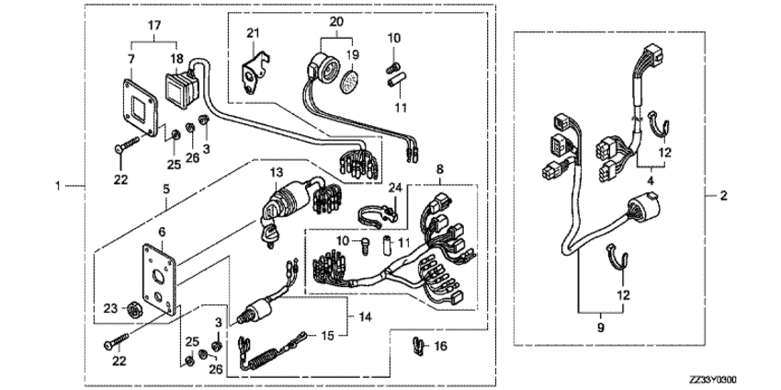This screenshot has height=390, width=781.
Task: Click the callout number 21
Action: pos(253,33)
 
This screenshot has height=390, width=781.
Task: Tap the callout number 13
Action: pos(277,172)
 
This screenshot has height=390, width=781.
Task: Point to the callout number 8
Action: pos(439,168)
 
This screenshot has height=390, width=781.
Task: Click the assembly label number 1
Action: pos(58,186)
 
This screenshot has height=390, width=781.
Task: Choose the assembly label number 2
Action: pos(724,195)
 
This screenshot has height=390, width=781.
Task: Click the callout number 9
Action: pos(600,328)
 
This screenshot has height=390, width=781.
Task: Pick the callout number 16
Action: pos(441,346)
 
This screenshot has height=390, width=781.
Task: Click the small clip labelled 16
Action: pos(418,346)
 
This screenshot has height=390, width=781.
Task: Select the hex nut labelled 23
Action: pos(132,310)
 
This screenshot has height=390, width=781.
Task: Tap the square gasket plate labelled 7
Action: pos(141,109)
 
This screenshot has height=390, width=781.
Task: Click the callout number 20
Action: pos(336,21)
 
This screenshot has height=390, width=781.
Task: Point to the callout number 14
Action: pos(365,316)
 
